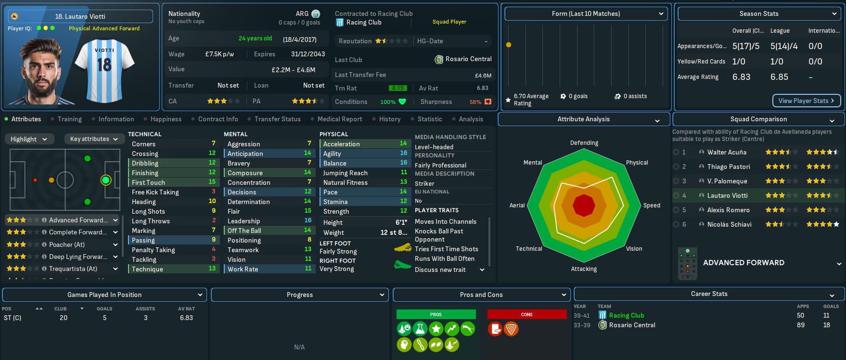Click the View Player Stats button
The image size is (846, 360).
tap(807, 101)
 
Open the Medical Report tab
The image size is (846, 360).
tap(339, 119)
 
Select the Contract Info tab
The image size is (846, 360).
tap(218, 119)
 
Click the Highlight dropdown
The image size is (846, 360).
tap(29, 139)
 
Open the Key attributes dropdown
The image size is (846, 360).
tap(93, 139)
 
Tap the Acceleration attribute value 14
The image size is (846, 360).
tap(403, 143)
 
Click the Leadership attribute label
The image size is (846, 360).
tap(244, 221)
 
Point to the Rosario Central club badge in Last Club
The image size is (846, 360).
tap(439, 59)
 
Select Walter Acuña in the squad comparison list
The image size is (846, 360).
tap(727, 152)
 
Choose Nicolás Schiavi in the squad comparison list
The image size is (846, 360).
tap(729, 224)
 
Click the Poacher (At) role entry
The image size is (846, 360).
tap(66, 244)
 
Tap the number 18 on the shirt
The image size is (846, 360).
tap(104, 64)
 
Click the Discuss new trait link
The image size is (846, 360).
tap(440, 270)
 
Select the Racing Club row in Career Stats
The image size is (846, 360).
tap(626, 315)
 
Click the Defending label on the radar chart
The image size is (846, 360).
tap(584, 143)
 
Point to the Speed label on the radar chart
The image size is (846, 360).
tap(652, 206)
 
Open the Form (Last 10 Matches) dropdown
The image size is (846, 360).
tap(586, 13)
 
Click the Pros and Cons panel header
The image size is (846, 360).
tap(481, 295)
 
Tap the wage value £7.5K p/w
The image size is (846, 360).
tap(219, 54)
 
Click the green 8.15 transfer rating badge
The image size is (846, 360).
tap(398, 88)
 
